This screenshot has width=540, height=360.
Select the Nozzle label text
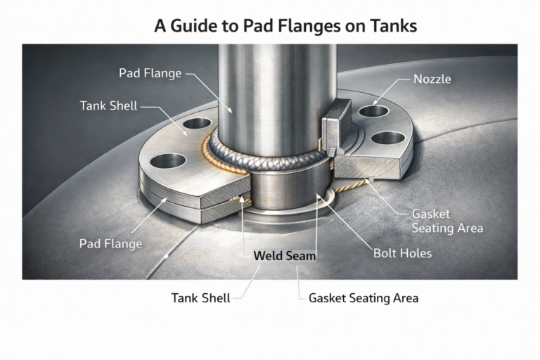pyautogui.click(x=432, y=79)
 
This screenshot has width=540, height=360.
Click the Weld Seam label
pyautogui.click(x=284, y=256)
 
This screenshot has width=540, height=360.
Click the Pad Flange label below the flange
pyautogui.click(x=110, y=244)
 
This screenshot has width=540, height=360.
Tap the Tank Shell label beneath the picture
pyautogui.click(x=200, y=298)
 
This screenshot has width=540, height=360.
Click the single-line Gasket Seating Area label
pyautogui.click(x=364, y=298)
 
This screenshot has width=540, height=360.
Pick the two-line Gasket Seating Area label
pyautogui.click(x=446, y=221)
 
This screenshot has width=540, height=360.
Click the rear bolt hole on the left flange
pyautogui.click(x=197, y=124)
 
